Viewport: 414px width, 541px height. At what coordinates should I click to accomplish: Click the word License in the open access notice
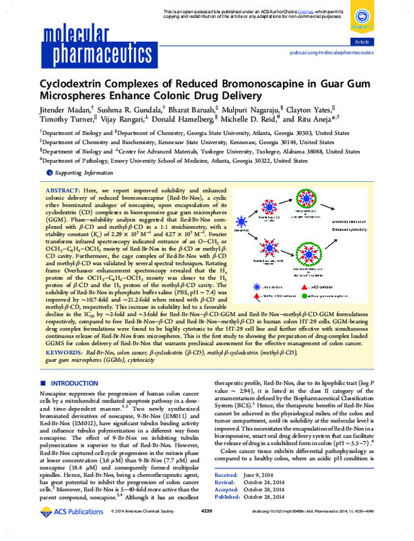click(290, 12)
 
